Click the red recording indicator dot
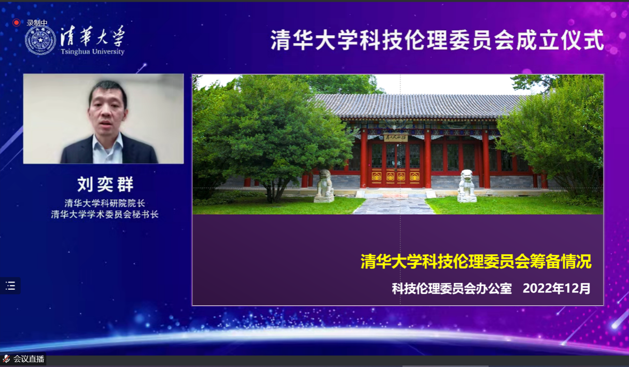(17, 22)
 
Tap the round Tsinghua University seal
(40, 40)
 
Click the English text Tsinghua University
(93, 52)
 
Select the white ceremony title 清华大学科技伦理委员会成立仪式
(437, 41)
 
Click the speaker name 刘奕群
(105, 184)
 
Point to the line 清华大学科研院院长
(105, 203)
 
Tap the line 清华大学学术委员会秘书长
(105, 215)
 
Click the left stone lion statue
(324, 186)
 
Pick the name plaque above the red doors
(396, 137)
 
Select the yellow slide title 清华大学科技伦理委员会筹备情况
(476, 261)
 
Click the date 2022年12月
(556, 288)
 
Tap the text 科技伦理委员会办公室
(452, 289)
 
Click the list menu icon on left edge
(10, 286)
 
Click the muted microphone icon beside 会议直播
(6, 359)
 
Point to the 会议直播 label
(29, 359)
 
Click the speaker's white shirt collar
(107, 144)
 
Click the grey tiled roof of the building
(421, 106)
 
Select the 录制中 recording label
(37, 23)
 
